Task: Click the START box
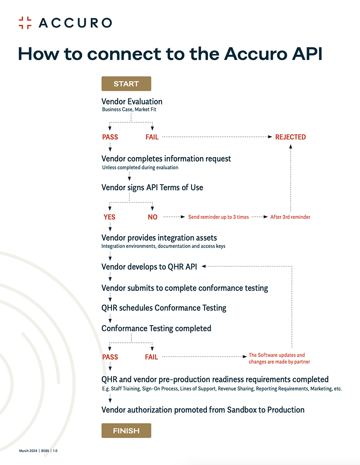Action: click(x=126, y=84)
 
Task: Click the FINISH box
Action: click(x=126, y=431)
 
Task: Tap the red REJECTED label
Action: click(x=290, y=137)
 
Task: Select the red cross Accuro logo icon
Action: click(x=25, y=23)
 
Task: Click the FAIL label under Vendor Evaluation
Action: click(x=152, y=137)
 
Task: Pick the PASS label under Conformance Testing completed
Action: click(x=110, y=357)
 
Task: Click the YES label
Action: click(x=109, y=217)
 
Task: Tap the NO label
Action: click(x=152, y=217)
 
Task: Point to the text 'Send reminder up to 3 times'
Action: click(x=219, y=217)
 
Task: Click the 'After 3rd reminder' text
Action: click(x=290, y=217)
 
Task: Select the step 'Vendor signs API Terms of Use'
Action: click(x=152, y=187)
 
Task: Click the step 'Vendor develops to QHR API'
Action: click(x=149, y=267)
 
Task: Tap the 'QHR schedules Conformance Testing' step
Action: click(x=164, y=308)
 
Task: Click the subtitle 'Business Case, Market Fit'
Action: click(x=129, y=109)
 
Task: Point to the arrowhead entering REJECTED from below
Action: click(x=291, y=146)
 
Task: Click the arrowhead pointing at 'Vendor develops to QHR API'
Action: click(x=204, y=267)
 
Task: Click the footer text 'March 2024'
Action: click(x=28, y=451)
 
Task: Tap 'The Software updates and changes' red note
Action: click(x=279, y=358)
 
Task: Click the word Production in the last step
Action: click(x=286, y=410)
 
